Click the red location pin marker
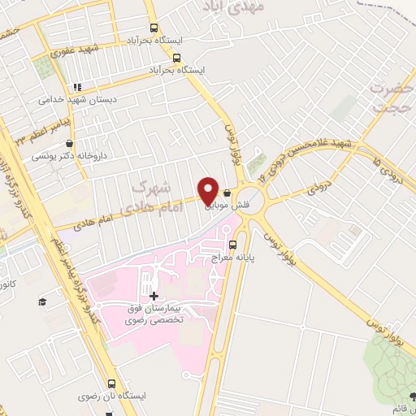[x=208, y=190]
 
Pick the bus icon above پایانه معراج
[x=233, y=244]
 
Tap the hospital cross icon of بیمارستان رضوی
[x=154, y=296]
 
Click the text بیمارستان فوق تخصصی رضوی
[x=158, y=313]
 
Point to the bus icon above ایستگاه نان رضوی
[x=110, y=383]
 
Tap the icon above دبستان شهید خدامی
[x=78, y=87]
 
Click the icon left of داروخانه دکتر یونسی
[x=37, y=155]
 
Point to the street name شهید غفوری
[x=75, y=50]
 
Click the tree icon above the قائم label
[x=412, y=396]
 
